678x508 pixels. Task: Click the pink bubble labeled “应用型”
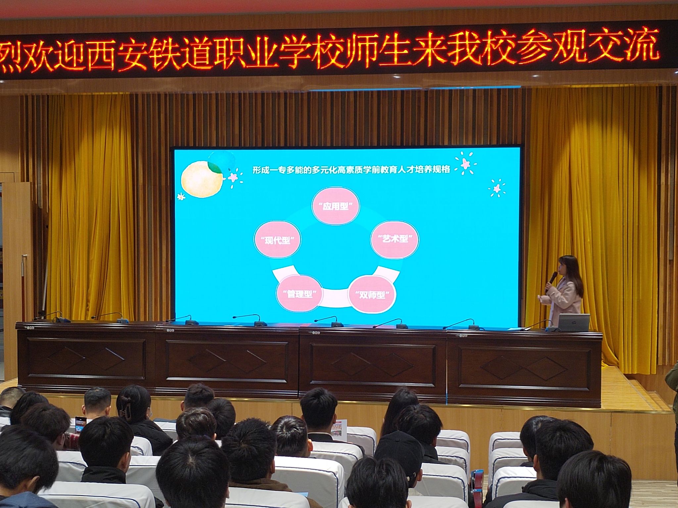click(336, 206)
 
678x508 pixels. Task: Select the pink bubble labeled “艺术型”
click(394, 239)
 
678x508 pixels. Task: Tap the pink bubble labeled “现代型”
click(277, 240)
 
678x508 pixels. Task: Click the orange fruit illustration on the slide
click(202, 179)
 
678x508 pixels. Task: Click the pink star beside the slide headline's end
click(465, 163)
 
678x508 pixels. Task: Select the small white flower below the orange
click(181, 197)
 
